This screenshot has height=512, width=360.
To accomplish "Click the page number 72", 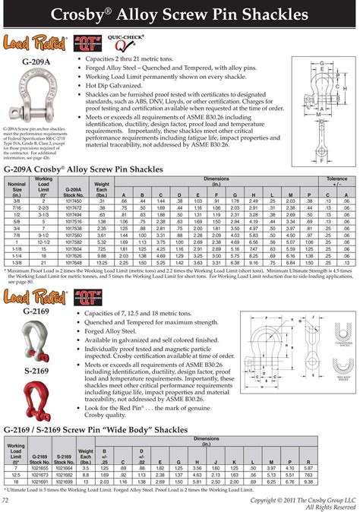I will (x=7, y=501).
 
